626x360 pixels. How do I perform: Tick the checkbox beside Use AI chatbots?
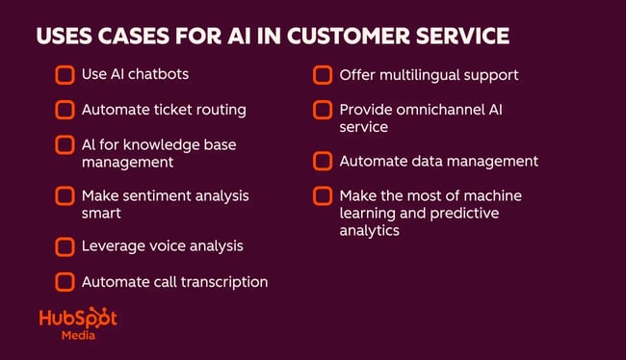65,75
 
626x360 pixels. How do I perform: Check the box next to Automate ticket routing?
65,110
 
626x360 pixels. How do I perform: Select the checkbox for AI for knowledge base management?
65,145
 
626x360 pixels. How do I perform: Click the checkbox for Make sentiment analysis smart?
65,196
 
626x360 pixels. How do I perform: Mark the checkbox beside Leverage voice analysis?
65,246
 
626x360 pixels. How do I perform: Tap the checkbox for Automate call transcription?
65,282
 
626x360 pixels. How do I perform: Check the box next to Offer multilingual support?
324,75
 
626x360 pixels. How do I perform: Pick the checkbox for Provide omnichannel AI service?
324,111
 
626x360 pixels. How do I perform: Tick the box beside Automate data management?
324,161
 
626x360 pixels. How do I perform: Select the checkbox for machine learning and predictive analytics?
324,196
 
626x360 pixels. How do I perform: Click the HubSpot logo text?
78,320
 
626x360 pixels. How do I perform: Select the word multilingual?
415,74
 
